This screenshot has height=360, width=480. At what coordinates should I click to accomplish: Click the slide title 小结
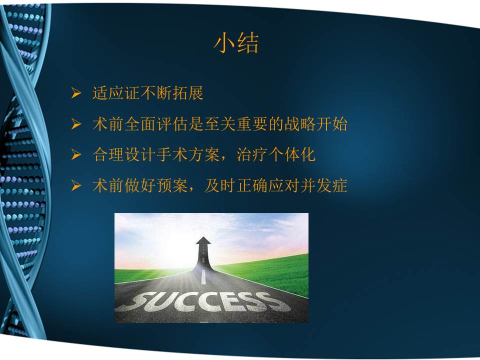tap(236, 43)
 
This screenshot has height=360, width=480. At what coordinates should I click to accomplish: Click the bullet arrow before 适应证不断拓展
tap(75, 93)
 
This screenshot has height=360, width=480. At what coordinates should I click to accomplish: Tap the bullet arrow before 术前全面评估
tap(75, 124)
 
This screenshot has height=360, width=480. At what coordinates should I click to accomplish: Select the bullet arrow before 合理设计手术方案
tap(75, 155)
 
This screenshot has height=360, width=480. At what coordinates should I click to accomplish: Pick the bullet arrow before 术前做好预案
tap(75, 186)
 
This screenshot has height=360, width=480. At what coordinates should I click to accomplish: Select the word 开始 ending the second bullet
tap(331, 124)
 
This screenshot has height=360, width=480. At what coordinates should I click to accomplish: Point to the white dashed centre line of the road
tap(203, 276)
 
